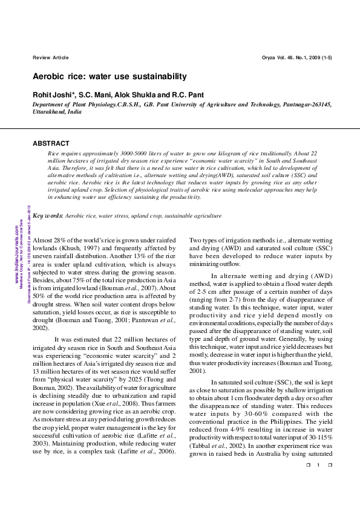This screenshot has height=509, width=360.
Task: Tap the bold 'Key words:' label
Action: coord(47,215)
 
